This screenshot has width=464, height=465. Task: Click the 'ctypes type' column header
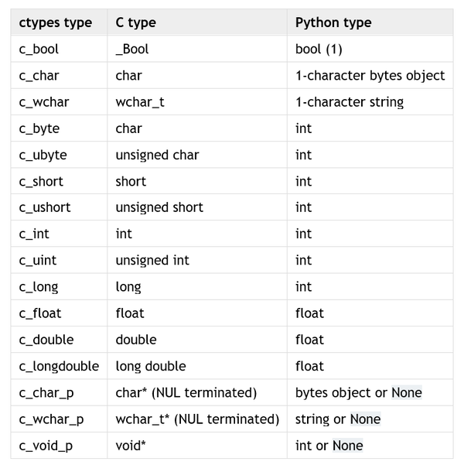point(56,23)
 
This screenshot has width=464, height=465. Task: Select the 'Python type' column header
point(333,23)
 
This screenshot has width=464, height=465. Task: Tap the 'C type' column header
point(136,23)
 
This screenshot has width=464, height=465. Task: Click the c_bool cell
point(39,50)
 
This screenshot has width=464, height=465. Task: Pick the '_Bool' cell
point(132,50)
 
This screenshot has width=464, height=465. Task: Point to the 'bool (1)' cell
point(319,50)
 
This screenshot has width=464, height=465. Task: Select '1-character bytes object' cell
point(370,76)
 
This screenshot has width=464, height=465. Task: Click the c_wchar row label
point(44,102)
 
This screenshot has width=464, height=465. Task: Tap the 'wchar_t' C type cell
point(140,102)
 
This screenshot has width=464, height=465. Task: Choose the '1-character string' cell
point(350,102)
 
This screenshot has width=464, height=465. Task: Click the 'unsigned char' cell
point(157,155)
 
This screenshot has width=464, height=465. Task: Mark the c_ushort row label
point(45,207)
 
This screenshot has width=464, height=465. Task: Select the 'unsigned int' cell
point(152,261)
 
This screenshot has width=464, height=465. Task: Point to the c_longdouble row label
point(59,366)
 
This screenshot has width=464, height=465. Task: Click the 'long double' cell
point(151,366)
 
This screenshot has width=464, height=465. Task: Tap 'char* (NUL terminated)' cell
point(186,393)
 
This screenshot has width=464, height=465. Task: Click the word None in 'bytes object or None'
point(407,393)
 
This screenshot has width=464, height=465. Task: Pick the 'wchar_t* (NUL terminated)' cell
point(197,419)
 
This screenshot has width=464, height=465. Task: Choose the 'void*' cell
point(131,446)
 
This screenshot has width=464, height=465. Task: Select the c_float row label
point(40,313)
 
